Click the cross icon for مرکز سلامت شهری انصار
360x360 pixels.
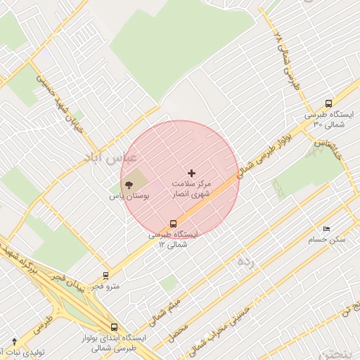(x=192, y=172)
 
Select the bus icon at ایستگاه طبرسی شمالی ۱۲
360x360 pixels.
(x=174, y=224)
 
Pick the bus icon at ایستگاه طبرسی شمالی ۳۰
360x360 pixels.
(x=329, y=103)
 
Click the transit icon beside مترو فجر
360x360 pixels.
(x=106, y=276)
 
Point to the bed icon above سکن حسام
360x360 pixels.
(x=326, y=229)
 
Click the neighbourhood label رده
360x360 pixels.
(x=245, y=263)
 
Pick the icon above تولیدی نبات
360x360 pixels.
(x=15, y=342)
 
